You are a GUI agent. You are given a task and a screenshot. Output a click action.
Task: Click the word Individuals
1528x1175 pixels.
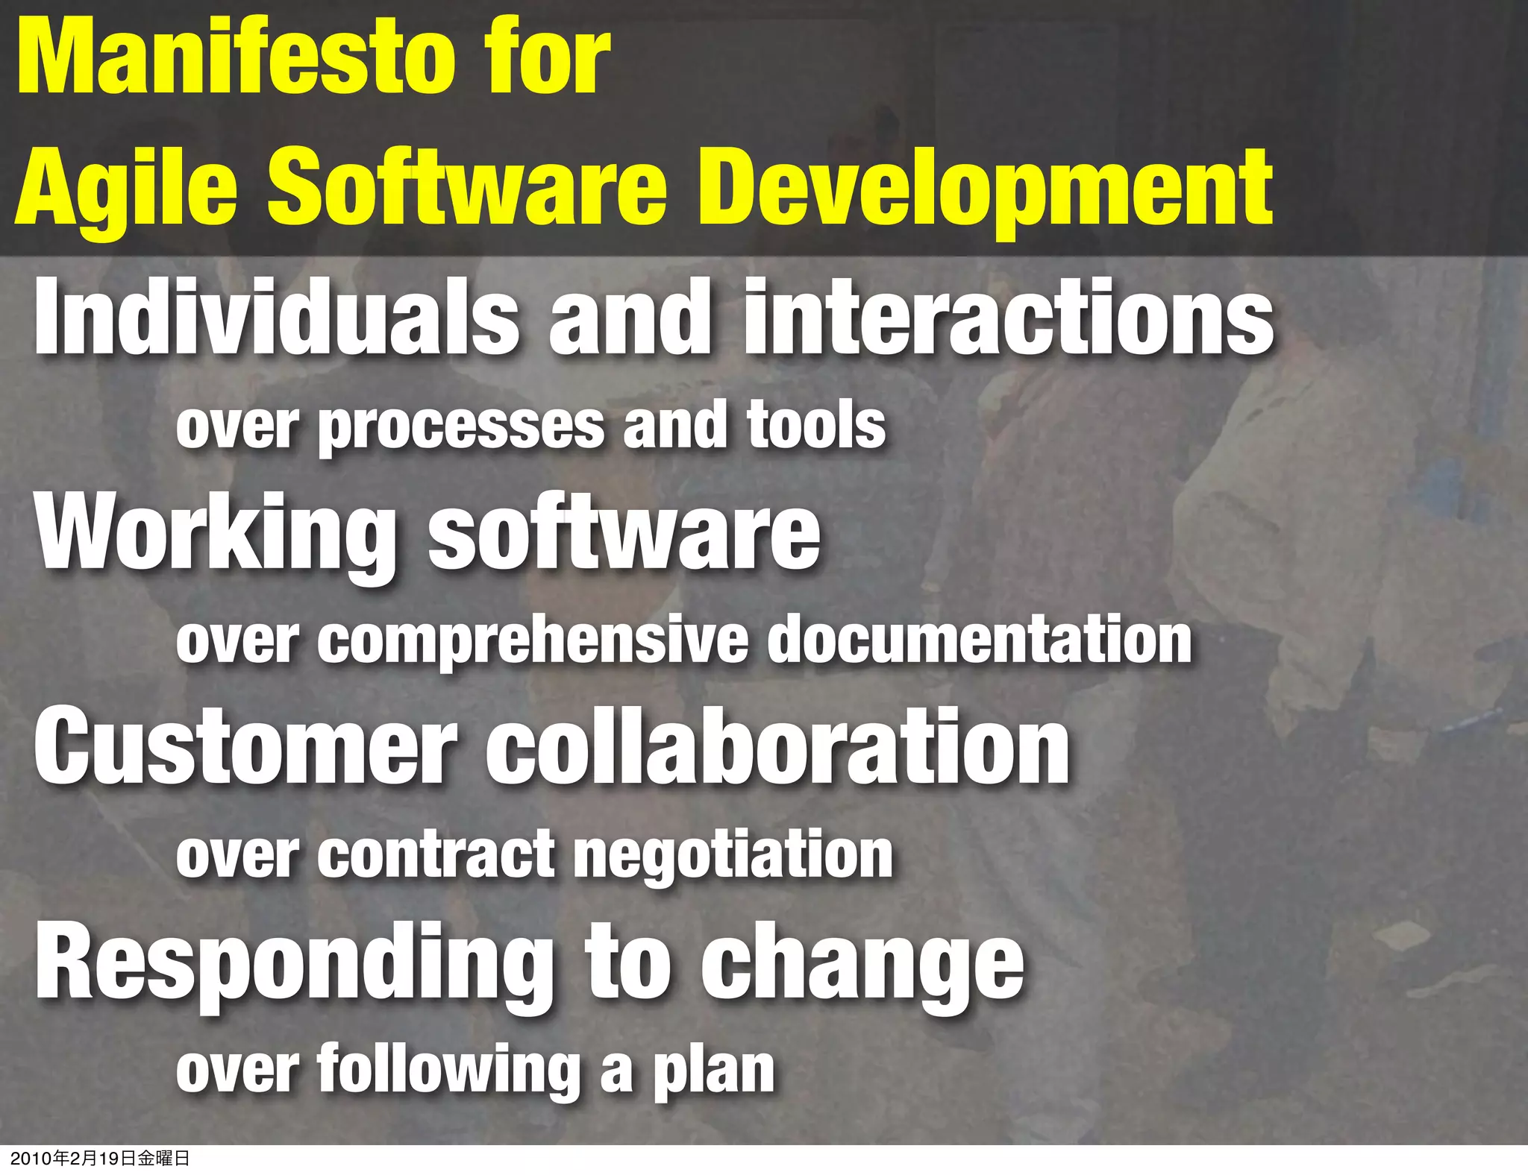click(x=276, y=317)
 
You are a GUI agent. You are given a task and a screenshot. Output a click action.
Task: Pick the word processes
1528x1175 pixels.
click(x=462, y=426)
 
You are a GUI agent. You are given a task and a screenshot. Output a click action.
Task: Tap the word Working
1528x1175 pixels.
click(x=216, y=533)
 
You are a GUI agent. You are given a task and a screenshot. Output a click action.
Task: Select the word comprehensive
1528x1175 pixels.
click(x=533, y=641)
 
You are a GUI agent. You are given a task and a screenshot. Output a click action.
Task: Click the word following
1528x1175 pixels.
click(x=448, y=1071)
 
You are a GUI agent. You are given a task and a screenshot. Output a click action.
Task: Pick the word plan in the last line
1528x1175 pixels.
click(x=714, y=1072)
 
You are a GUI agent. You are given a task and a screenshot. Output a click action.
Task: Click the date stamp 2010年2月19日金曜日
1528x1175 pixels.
click(x=100, y=1159)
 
